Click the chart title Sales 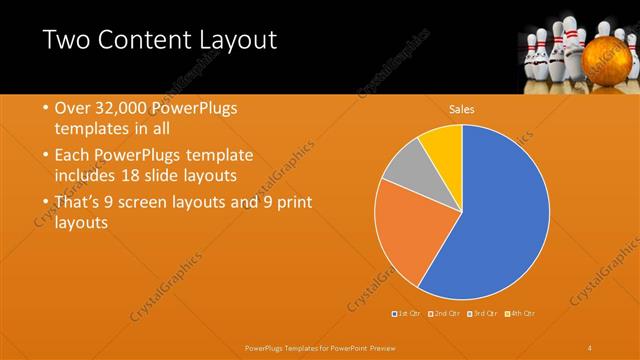tap(461, 109)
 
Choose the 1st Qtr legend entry tap(408, 314)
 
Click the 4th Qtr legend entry tap(520, 314)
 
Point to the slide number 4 tap(590, 347)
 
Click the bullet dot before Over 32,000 tap(47, 108)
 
